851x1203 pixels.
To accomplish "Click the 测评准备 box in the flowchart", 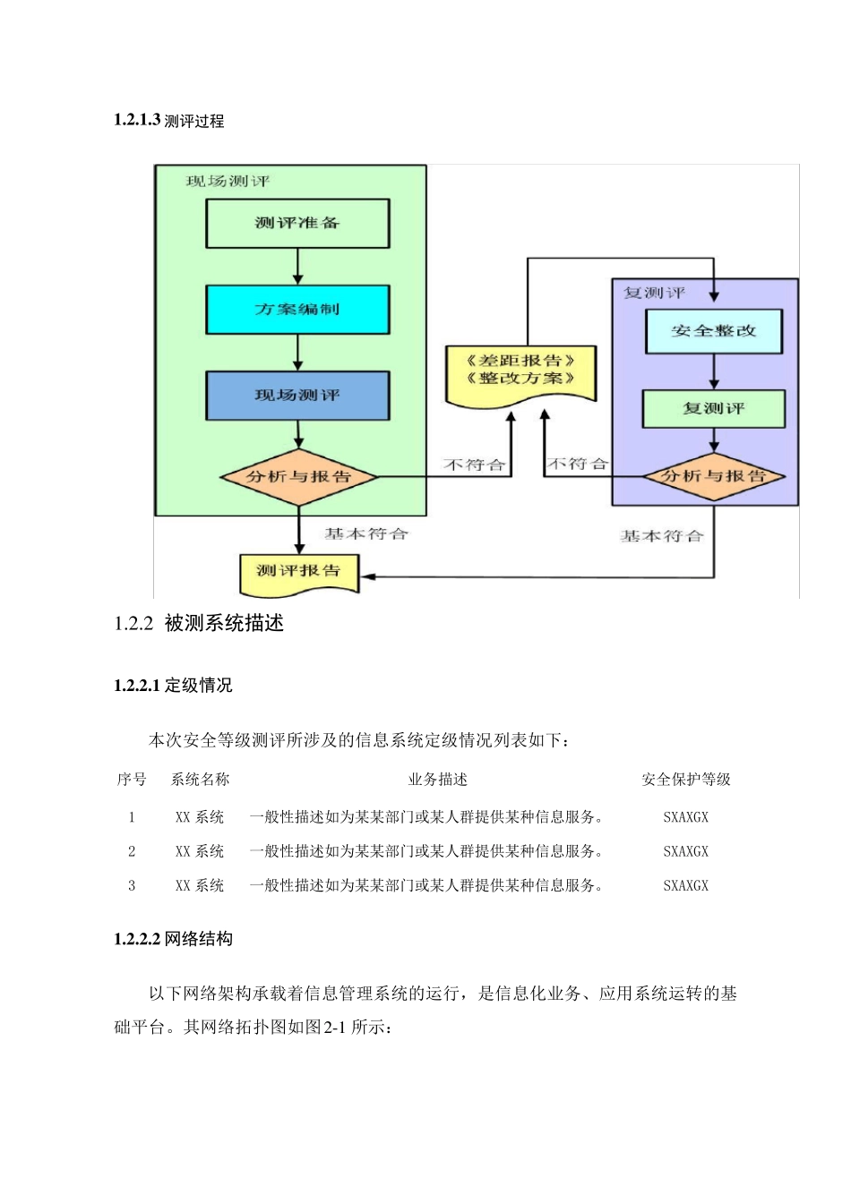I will point(297,223).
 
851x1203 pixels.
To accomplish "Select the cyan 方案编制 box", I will point(297,310).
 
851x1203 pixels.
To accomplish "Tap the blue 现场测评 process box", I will point(297,396).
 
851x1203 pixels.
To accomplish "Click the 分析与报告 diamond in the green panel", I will point(298,477).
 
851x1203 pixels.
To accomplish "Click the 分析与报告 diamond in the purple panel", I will point(713,476).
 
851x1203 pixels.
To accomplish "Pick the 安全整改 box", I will point(713,331).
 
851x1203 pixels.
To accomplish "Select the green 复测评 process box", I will point(713,409).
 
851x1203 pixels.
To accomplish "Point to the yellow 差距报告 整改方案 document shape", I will point(520,371).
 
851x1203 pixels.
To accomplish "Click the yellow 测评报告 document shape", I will point(298,571).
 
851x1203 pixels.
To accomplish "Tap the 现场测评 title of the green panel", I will point(228,182).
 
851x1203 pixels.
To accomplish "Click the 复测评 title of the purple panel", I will point(655,293).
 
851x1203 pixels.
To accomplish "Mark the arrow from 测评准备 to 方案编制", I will point(298,267).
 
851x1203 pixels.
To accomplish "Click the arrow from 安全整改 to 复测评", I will point(714,371).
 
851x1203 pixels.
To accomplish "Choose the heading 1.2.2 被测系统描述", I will point(199,624).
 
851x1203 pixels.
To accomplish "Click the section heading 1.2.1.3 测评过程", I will point(169,121).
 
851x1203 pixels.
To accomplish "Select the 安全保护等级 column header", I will point(685,780).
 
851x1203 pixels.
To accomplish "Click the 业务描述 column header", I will point(437,780).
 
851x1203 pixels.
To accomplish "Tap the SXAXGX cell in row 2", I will point(685,851).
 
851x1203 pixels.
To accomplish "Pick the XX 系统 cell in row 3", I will point(200,885).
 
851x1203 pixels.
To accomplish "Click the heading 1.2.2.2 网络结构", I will point(174,939).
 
